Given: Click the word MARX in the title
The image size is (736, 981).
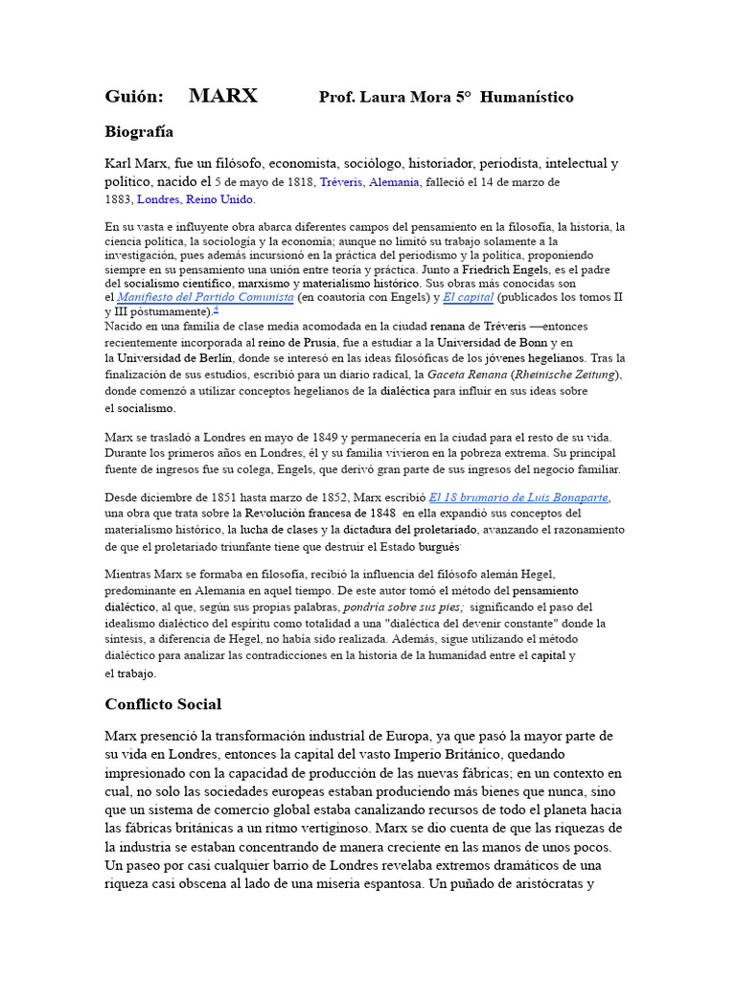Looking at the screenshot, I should point(223,96).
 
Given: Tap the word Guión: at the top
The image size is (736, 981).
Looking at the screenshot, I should point(134,97).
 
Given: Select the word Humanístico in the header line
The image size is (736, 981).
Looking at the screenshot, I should point(526,98).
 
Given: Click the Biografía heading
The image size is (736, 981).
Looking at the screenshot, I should point(139,131).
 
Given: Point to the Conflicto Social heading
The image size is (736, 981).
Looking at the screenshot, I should point(163,704).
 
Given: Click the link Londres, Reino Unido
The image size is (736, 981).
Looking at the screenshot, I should point(195,200).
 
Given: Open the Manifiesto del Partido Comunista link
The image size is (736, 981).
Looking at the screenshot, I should point(205,298).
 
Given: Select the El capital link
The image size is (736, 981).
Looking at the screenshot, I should point(468,298).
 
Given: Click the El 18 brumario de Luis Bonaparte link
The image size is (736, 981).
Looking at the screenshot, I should point(518,497).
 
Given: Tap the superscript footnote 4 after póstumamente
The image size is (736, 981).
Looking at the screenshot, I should point(216,309).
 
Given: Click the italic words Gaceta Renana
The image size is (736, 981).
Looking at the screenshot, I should point(467,375).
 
